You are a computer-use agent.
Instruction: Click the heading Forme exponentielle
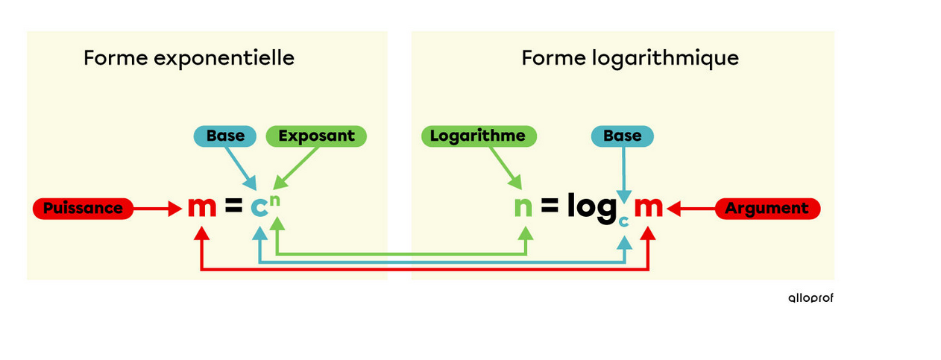point(189,58)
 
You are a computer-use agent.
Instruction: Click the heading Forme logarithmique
point(630,58)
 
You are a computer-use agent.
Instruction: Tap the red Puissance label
point(82,208)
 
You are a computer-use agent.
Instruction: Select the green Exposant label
point(316,136)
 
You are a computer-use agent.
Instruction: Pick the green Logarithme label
point(477,136)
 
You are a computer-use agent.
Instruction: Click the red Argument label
point(767,208)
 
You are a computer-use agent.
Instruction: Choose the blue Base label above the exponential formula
point(224,136)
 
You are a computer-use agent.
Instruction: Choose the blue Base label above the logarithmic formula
point(622,136)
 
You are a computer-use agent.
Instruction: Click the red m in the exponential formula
point(201,207)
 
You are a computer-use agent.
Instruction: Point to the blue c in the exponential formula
point(259,207)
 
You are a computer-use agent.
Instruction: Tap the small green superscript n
point(275,200)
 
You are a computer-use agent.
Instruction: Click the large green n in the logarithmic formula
point(523,207)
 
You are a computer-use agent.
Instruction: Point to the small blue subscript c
point(624,221)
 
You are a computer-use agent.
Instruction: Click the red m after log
point(648,207)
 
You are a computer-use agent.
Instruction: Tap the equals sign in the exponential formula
point(233,208)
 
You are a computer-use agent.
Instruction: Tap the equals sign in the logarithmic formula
point(550,208)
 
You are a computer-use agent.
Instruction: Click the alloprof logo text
point(811,297)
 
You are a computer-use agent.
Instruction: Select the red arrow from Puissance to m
point(157,208)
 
